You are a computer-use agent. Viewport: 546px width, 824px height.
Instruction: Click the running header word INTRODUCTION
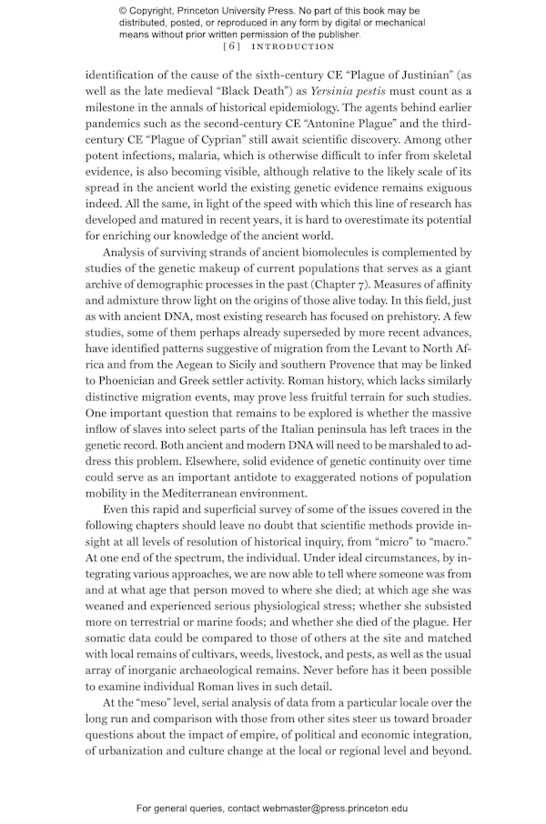pos(293,46)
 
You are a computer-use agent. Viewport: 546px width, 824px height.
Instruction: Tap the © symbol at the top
pos(124,11)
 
